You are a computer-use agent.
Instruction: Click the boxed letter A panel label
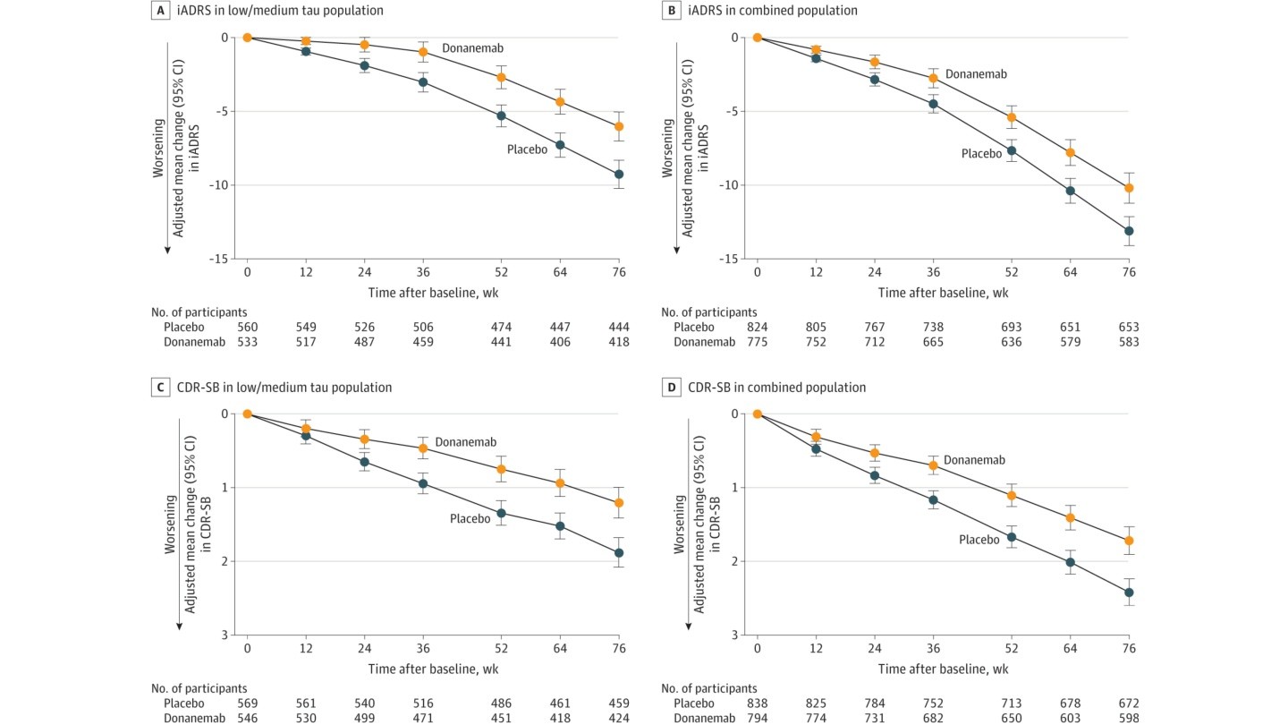coord(157,12)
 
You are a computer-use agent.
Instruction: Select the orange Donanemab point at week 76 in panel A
coord(617,126)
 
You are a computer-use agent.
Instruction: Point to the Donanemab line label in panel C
coord(465,442)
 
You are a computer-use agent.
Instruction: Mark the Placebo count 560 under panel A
coord(246,328)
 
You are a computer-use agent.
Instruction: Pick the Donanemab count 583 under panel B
coord(1128,342)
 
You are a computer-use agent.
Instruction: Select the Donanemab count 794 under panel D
coord(757,718)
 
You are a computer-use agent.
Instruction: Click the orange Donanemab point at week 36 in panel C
coord(423,448)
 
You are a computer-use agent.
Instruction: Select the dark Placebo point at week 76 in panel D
coord(1128,593)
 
